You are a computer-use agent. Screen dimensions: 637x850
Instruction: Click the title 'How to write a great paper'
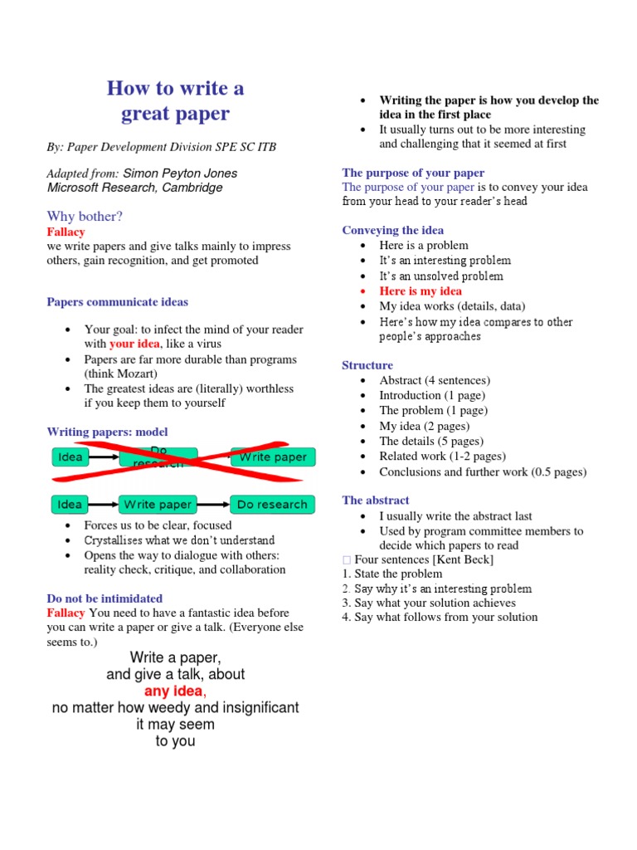pos(176,100)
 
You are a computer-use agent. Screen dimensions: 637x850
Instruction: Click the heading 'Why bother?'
pos(85,217)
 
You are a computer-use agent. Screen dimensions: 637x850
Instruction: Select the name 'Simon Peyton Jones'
pos(180,173)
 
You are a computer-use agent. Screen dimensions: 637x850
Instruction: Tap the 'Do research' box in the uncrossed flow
pos(272,505)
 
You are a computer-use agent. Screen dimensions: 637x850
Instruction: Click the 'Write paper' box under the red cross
pos(273,457)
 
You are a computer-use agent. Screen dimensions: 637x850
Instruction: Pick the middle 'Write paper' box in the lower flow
pos(158,505)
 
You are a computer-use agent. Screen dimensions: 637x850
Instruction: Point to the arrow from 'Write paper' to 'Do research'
pos(213,505)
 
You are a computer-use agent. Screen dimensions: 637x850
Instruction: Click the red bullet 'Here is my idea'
pos(421,291)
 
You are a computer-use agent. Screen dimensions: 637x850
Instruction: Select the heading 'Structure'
pos(367,365)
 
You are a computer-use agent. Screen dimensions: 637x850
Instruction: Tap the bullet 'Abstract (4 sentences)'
pos(435,380)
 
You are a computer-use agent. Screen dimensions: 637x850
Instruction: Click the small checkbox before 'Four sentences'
pos(347,560)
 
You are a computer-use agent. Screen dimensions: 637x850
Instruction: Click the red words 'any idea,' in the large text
pos(175,691)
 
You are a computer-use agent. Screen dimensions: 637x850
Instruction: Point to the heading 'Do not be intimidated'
pos(105,598)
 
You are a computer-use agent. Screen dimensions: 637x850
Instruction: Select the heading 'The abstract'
pos(376,501)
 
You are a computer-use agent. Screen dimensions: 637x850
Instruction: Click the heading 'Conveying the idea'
pos(392,231)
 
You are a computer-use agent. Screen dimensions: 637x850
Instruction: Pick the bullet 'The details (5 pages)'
pos(431,442)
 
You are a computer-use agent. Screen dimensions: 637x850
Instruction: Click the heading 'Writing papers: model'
pos(107,432)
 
